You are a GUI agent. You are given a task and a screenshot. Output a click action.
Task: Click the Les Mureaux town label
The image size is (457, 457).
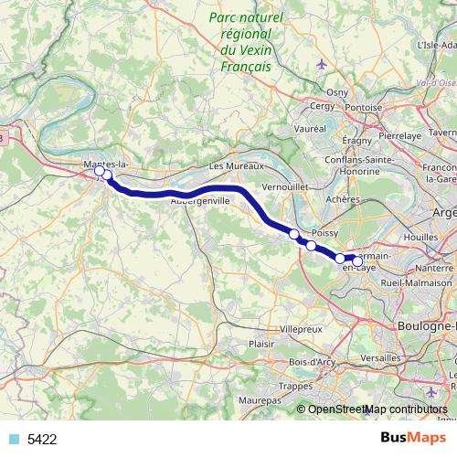[236, 166]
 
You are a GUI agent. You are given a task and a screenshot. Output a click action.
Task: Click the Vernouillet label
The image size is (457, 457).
[285, 186]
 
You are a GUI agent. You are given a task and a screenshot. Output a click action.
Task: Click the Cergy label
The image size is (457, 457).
[324, 106]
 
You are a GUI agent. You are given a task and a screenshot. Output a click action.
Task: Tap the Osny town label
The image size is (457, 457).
[338, 92]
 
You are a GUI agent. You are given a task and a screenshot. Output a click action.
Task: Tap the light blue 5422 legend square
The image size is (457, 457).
[14, 439]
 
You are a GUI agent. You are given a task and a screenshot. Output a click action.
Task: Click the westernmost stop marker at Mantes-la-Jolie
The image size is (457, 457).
[100, 171]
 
